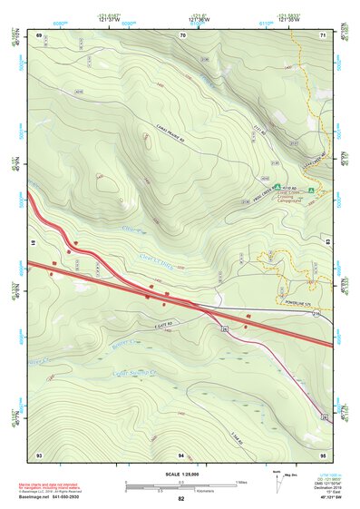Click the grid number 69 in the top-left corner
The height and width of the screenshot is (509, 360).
(40, 35)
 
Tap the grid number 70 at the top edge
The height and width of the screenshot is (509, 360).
(183, 35)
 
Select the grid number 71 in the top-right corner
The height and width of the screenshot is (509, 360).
(322, 35)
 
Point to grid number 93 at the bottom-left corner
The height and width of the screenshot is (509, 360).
(40, 453)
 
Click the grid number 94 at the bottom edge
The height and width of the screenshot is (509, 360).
(181, 453)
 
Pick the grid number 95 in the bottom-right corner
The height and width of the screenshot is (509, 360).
(322, 453)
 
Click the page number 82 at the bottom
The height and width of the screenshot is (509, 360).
(181, 499)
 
